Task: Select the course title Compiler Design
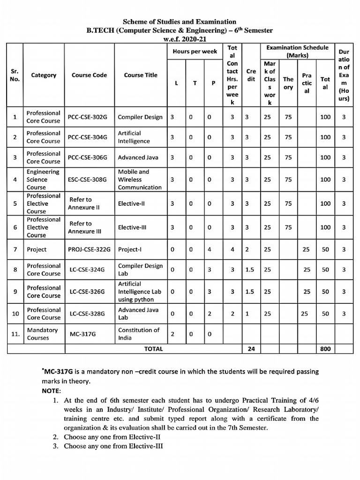click(140, 117)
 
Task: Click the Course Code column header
click(89, 75)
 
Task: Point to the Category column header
click(44, 75)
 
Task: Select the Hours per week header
click(195, 52)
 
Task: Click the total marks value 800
click(325, 349)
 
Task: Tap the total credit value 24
click(250, 349)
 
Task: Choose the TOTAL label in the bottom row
click(154, 349)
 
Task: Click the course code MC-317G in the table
click(84, 334)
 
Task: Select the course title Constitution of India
click(139, 334)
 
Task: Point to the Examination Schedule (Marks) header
click(297, 51)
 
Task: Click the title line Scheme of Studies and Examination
click(180, 22)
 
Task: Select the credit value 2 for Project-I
click(247, 250)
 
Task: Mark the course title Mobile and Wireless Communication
click(140, 180)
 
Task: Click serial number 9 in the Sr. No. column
click(15, 292)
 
